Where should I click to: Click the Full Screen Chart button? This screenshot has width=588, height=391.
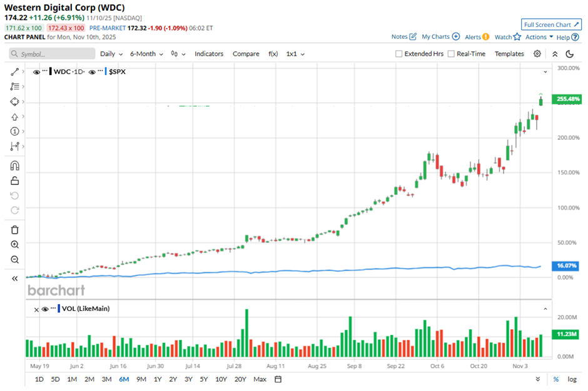[551, 24]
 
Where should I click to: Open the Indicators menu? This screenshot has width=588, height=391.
[209, 54]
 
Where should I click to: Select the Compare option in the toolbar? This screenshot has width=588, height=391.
[246, 54]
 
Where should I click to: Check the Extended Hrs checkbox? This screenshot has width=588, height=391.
[399, 54]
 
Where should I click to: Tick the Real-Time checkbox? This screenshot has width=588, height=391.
[452, 54]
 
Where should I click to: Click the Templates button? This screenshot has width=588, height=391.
[509, 54]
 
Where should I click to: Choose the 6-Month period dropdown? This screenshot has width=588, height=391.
[146, 54]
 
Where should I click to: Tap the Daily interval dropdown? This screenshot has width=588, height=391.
[111, 54]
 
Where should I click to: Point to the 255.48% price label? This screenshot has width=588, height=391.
[568, 99]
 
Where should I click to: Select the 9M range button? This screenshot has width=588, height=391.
[141, 379]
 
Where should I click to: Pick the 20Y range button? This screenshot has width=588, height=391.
[240, 379]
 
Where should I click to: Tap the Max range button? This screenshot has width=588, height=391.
[260, 379]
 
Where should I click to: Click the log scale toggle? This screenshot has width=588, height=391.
[572, 379]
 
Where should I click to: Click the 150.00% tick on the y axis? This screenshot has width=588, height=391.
[568, 172]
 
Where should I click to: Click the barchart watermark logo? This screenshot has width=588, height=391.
[56, 290]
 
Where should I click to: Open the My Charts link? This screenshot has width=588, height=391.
[440, 37]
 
